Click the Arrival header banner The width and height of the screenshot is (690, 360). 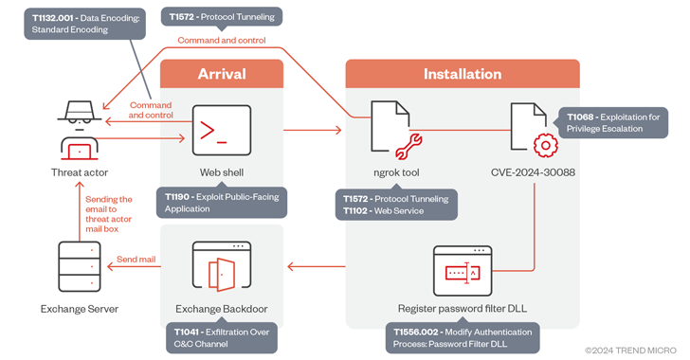221,74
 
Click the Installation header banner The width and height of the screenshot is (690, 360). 462,74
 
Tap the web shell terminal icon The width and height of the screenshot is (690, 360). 221,130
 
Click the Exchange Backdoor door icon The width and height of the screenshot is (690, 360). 221,267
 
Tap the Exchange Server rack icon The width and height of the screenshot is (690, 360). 79,268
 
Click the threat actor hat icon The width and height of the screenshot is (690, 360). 80,112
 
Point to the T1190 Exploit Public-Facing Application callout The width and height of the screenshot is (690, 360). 222,203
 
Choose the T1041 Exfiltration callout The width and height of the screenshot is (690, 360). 222,338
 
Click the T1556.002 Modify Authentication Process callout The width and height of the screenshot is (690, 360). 462,338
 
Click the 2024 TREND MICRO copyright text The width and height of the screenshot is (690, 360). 629,350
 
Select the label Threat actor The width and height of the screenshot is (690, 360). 80,172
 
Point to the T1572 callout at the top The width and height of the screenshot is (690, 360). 221,17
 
